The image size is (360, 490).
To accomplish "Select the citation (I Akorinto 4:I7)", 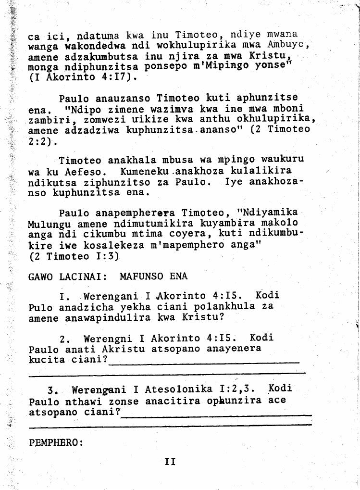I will coord(83,76).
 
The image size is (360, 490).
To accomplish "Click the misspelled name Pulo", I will coord(40,307).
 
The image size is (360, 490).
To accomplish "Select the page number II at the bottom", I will coord(170,462).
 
